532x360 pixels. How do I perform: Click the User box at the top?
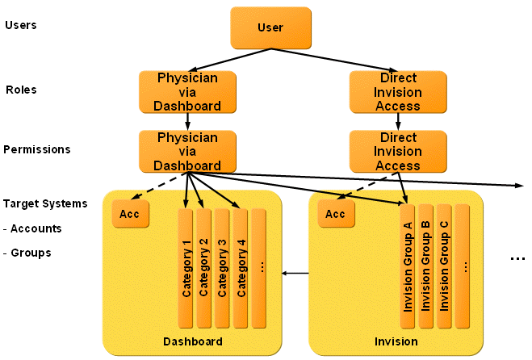pyautogui.click(x=270, y=27)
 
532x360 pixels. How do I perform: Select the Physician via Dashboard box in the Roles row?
pyautogui.click(x=187, y=91)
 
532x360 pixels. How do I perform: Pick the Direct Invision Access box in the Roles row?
pyautogui.click(x=398, y=91)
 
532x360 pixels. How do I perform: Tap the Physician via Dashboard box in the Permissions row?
pyautogui.click(x=187, y=151)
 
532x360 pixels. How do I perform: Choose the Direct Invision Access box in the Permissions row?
pyautogui.click(x=398, y=151)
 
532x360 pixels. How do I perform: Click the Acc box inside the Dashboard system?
pyautogui.click(x=130, y=214)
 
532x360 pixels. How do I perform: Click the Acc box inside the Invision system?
pyautogui.click(x=335, y=214)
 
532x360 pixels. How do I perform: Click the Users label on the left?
pyautogui.click(x=20, y=25)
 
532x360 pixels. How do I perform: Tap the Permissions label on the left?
pyautogui.click(x=36, y=149)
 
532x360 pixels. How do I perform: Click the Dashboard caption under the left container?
pyautogui.click(x=192, y=342)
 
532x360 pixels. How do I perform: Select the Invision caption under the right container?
pyautogui.click(x=396, y=342)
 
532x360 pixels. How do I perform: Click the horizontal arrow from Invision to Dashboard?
pyautogui.click(x=296, y=273)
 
